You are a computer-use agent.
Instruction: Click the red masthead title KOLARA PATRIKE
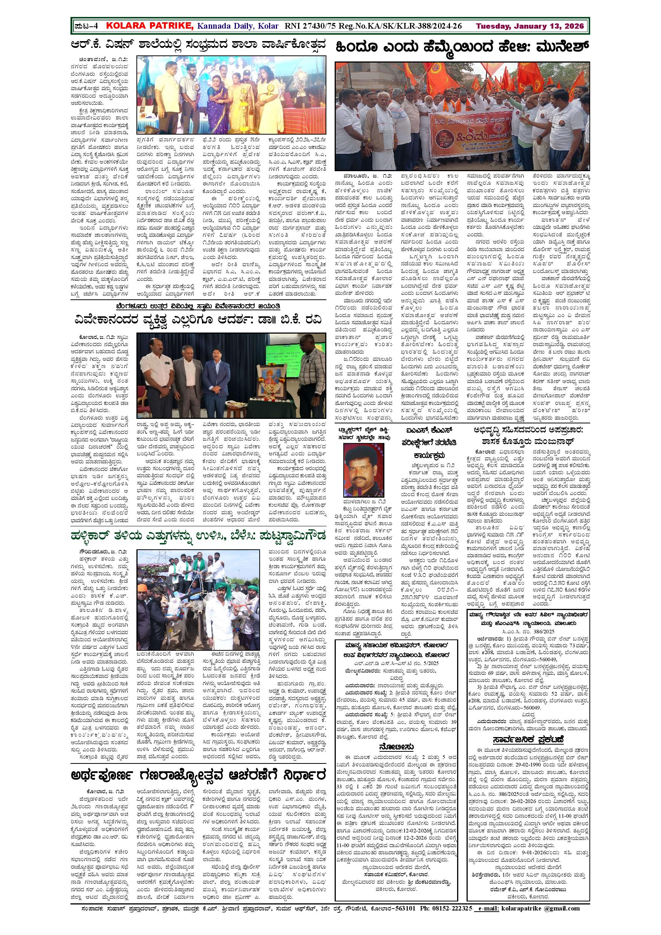[150, 26]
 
